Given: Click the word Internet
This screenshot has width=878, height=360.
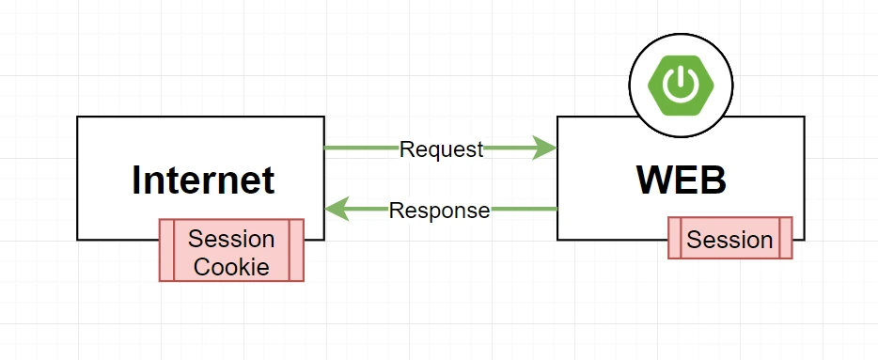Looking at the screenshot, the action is (x=203, y=180).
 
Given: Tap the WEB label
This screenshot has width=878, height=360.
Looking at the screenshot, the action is (x=682, y=180).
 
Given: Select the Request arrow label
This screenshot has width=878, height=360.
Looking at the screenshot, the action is (x=441, y=149).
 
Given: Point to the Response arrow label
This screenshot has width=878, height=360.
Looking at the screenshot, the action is (x=440, y=211).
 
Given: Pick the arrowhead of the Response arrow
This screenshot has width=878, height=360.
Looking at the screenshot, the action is (x=337, y=209).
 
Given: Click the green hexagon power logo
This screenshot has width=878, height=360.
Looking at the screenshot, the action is (x=681, y=86).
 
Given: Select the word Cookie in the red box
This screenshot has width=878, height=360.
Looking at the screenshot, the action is (x=231, y=267).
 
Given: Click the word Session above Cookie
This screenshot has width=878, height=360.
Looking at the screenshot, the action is (x=231, y=239).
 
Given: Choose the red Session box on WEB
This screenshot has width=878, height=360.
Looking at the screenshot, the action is (x=730, y=238).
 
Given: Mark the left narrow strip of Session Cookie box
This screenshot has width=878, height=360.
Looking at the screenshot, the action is (x=167, y=250).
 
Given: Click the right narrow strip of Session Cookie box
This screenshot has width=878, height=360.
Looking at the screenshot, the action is (x=297, y=250).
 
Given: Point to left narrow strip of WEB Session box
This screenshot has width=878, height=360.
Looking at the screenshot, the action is (x=675, y=238).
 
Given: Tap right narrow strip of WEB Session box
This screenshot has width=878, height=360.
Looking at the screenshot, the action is (x=786, y=238).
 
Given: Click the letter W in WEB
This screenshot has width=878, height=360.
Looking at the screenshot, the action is (x=657, y=180).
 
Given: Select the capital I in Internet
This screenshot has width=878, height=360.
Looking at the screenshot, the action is (x=136, y=180).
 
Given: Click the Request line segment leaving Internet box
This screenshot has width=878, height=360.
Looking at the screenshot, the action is (x=362, y=148).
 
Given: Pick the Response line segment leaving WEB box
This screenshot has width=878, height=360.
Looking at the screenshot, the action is (x=525, y=209).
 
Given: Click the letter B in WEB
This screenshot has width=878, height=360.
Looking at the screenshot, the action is (x=714, y=180).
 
